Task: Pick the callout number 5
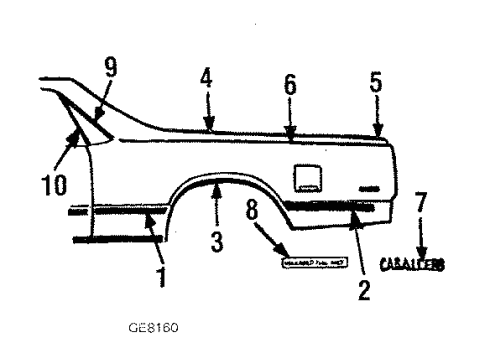(x=376, y=84)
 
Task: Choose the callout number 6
(x=289, y=87)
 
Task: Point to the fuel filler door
(x=308, y=178)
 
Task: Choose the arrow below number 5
(x=378, y=118)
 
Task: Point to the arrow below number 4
(x=209, y=113)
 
